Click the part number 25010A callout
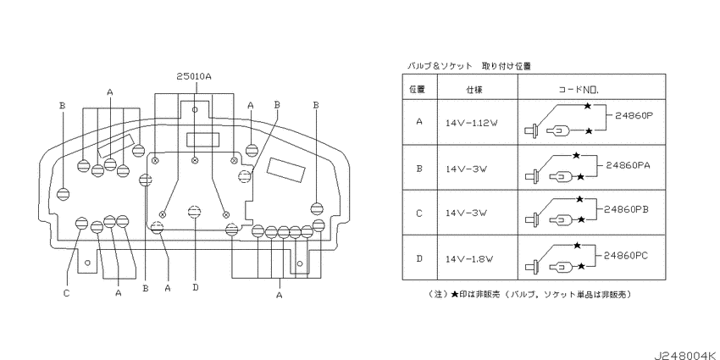point(194,77)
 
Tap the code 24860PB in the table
point(626,209)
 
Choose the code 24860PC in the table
point(626,256)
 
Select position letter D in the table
point(418,258)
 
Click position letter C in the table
point(418,213)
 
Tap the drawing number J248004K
point(686,355)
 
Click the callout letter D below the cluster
point(196,288)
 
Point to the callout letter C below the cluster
point(66,293)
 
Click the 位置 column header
point(417,90)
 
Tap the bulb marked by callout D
point(195,212)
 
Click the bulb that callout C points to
point(81,223)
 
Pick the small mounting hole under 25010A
point(195,110)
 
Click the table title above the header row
point(468,66)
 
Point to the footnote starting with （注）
point(529,294)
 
